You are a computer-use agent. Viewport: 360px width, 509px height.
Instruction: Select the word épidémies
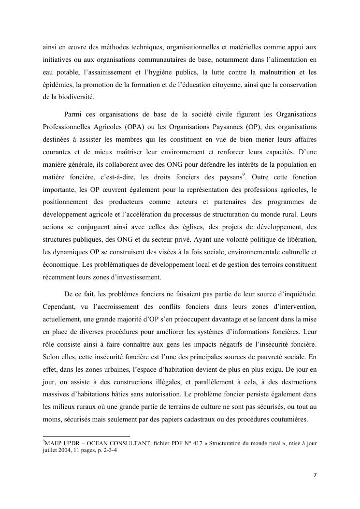tap(57, 85)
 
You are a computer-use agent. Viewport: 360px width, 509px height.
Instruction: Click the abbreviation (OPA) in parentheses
tap(125, 127)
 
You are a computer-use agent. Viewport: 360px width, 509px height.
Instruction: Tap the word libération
tap(300, 239)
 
